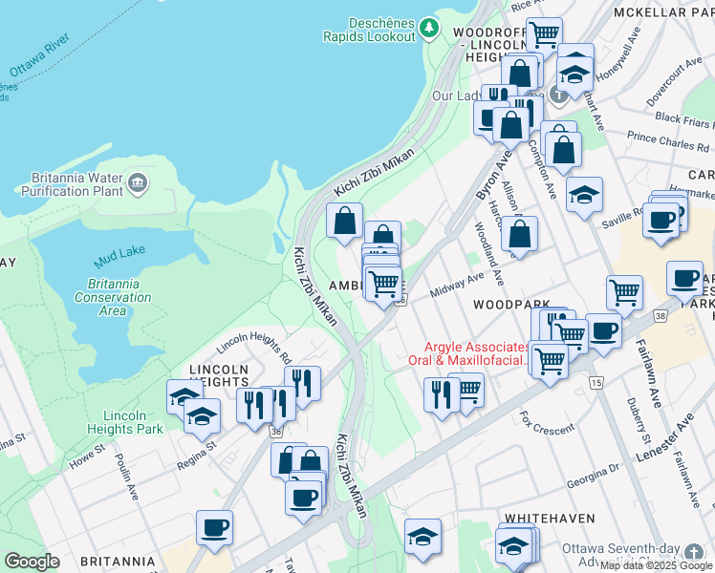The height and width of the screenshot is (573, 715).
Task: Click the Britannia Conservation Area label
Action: pyautogui.click(x=113, y=297)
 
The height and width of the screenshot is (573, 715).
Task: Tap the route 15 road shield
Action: pyautogui.click(x=597, y=382)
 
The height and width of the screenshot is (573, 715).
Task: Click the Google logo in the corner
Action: pyautogui.click(x=32, y=562)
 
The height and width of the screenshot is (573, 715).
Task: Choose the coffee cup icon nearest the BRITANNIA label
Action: pyautogui.click(x=214, y=526)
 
